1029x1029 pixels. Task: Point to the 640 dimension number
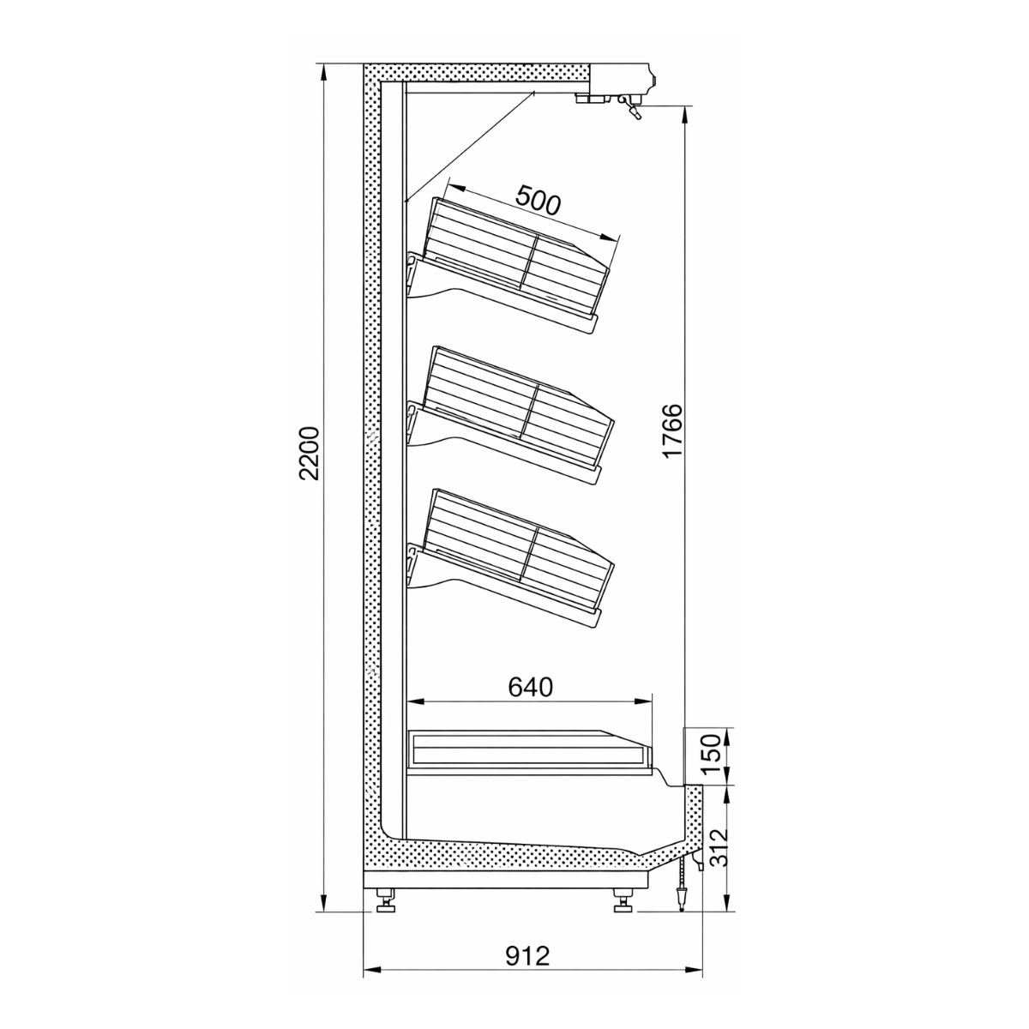pyautogui.click(x=531, y=687)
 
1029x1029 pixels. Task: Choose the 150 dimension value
pyautogui.click(x=713, y=755)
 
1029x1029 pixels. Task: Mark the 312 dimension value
pyautogui.click(x=713, y=848)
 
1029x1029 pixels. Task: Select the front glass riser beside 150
pyautogui.click(x=693, y=755)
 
